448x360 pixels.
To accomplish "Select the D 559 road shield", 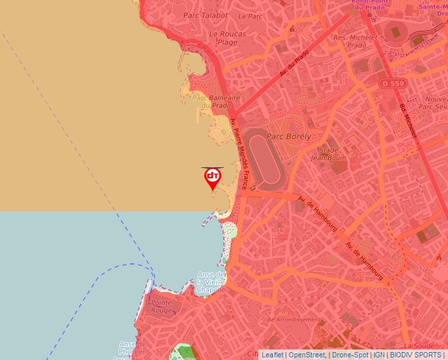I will [391, 83].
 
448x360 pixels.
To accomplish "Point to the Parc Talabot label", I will [206, 15].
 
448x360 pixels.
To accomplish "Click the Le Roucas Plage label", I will [227, 38].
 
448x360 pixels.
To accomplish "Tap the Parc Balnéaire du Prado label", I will [211, 101].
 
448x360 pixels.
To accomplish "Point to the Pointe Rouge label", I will [161, 307].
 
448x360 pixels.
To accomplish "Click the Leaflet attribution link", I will [272, 355].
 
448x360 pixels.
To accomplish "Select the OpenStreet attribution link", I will [306, 355].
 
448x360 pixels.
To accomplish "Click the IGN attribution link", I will [379, 355].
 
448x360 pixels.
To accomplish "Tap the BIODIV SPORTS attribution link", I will [416, 355].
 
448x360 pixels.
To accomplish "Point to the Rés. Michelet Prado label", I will [356, 41].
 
